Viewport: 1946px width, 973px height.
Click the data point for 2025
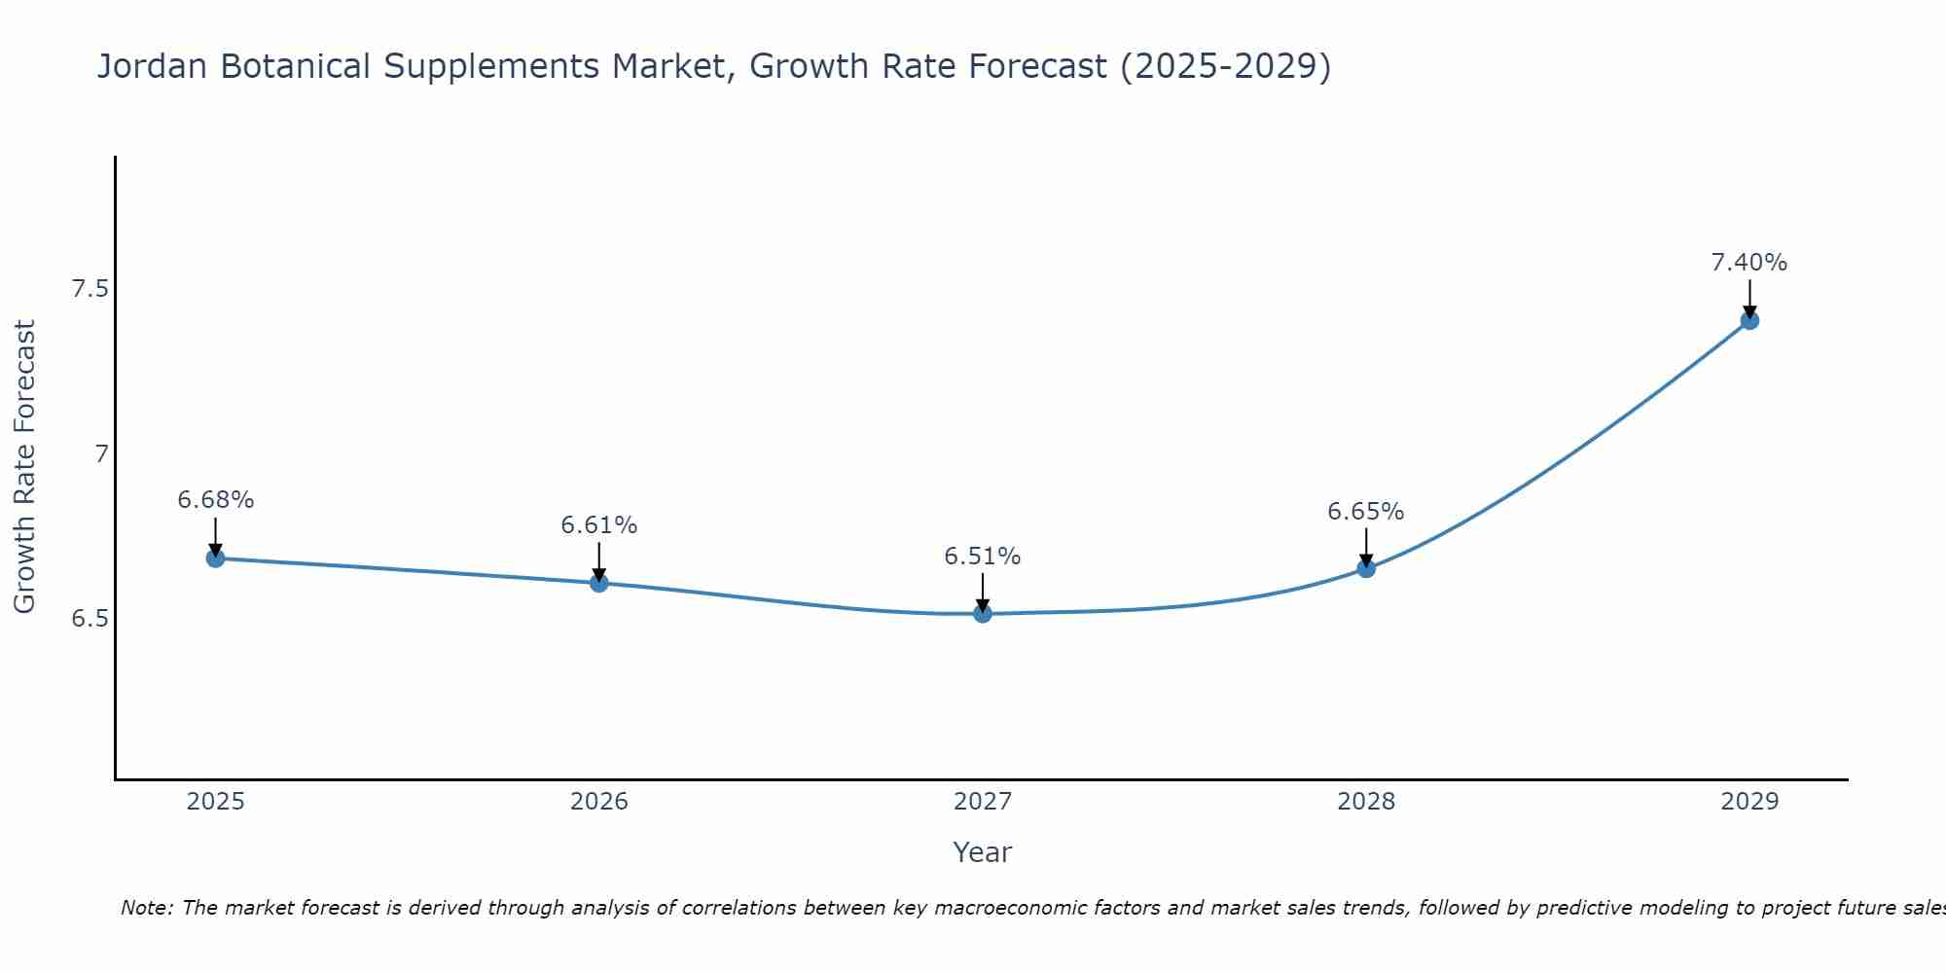216,559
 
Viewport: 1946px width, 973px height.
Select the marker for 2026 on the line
599,583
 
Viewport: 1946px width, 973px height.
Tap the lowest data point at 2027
983,613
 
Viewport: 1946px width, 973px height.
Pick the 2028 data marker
1366,568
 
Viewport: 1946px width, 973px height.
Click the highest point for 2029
1749,320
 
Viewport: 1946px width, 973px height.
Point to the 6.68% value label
216,500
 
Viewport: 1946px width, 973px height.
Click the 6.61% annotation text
599,525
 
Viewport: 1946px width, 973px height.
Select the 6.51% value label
983,557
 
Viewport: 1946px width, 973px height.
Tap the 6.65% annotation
1366,512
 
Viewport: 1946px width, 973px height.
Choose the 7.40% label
1749,263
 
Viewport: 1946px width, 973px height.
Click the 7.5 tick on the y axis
90,289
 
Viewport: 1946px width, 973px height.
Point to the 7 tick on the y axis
101,454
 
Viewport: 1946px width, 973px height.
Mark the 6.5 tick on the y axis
90,619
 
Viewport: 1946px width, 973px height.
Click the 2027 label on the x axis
983,802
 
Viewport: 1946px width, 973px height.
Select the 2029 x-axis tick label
1749,802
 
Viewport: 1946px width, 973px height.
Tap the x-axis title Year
983,852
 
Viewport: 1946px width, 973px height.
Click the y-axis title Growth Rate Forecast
25,467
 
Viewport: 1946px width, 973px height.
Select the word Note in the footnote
146,908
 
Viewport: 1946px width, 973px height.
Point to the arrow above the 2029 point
1749,298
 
